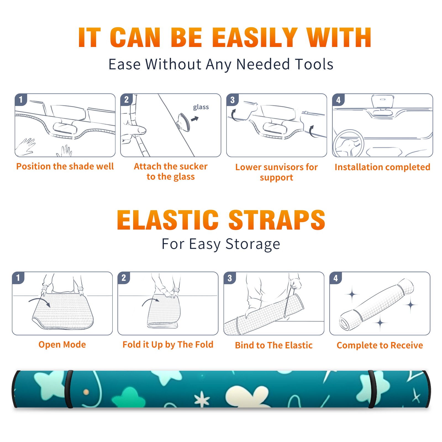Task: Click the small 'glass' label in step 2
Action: point(201,107)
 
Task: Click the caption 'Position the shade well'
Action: point(65,166)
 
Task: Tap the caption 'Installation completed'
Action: point(382,167)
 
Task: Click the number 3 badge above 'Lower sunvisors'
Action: point(232,100)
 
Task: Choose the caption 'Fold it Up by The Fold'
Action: point(168,344)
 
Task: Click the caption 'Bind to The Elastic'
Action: point(274,345)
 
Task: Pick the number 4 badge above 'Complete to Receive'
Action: point(336,278)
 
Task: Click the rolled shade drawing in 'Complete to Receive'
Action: point(377,304)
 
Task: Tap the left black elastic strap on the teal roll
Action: point(69,389)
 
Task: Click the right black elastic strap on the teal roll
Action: point(372,389)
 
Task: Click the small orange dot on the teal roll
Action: point(86,392)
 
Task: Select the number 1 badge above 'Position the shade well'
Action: point(21,99)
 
